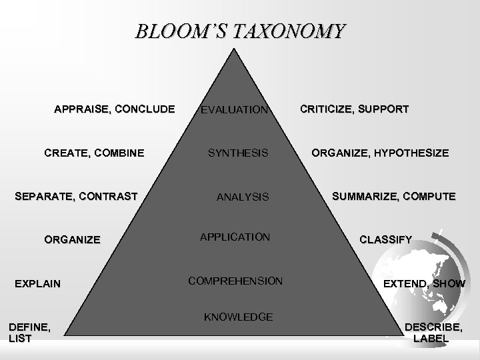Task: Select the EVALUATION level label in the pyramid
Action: click(235, 109)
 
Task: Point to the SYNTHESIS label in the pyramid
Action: click(238, 153)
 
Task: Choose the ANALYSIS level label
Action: click(243, 197)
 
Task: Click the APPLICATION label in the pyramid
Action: click(235, 237)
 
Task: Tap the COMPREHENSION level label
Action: click(235, 281)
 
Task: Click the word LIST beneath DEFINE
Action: click(19, 338)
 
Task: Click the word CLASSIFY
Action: click(386, 238)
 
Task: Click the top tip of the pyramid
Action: click(239, 49)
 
